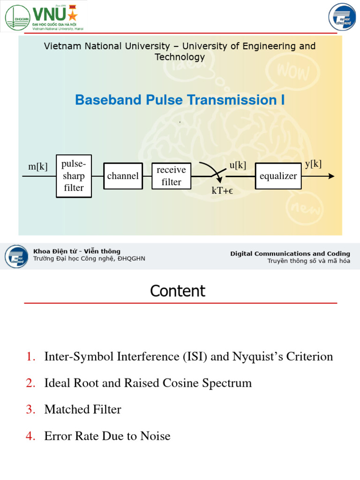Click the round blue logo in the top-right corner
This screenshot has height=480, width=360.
(342, 16)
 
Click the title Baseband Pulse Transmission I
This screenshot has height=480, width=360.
(180, 100)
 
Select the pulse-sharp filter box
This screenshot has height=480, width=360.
(74, 176)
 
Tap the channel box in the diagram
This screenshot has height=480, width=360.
(123, 176)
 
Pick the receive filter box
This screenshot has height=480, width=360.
(171, 176)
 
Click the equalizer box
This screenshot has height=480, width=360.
(278, 176)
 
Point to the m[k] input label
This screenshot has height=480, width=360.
(38, 166)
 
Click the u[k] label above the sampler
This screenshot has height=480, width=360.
(238, 165)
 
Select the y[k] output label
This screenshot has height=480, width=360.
(313, 164)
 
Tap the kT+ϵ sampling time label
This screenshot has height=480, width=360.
(223, 191)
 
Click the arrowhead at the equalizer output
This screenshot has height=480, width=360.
(331, 176)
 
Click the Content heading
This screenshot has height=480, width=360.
(178, 291)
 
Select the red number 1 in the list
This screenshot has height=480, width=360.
(31, 357)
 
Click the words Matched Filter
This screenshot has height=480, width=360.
(82, 410)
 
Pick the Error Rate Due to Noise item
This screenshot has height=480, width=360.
(107, 436)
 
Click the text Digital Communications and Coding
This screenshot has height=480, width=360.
(290, 254)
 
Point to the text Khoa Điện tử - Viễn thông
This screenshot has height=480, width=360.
(77, 251)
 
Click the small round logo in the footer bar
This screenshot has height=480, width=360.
(16, 256)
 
